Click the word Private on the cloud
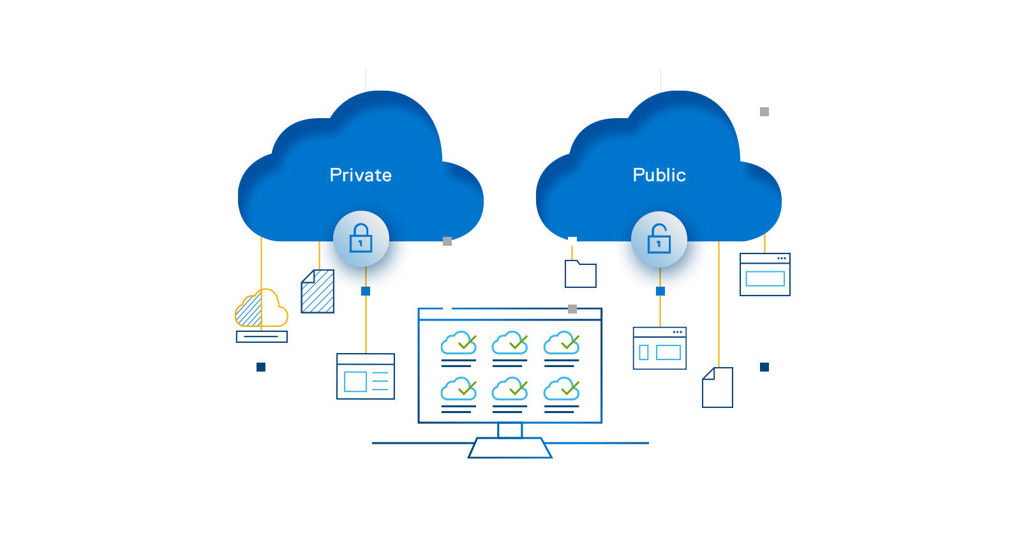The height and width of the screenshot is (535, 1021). (x=361, y=175)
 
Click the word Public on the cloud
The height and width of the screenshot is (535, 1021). (x=659, y=175)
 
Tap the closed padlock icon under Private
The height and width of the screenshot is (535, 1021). (x=361, y=238)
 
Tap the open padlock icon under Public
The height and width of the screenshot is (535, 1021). (x=659, y=239)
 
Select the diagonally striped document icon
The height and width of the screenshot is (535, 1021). (x=318, y=292)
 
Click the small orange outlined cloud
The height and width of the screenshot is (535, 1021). (x=262, y=308)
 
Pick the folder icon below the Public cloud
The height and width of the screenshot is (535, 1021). (x=581, y=275)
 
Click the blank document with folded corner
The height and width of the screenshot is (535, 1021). (x=717, y=388)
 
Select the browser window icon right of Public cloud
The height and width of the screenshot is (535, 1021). (x=764, y=275)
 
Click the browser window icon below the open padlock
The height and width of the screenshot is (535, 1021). (x=659, y=348)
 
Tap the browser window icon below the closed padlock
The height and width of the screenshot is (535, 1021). (x=366, y=376)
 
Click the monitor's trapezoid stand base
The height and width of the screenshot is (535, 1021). (x=510, y=448)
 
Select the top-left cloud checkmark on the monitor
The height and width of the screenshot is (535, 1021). (x=459, y=343)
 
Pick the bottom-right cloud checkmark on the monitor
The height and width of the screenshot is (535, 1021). (x=562, y=389)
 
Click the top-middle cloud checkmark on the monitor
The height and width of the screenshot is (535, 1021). (x=510, y=343)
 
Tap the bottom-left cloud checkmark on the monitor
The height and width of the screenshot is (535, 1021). (x=459, y=389)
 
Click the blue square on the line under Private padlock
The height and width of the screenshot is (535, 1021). (x=366, y=291)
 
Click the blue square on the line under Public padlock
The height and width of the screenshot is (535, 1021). (x=660, y=291)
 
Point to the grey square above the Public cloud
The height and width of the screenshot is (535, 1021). (x=764, y=112)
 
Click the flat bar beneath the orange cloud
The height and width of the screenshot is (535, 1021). (x=262, y=336)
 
